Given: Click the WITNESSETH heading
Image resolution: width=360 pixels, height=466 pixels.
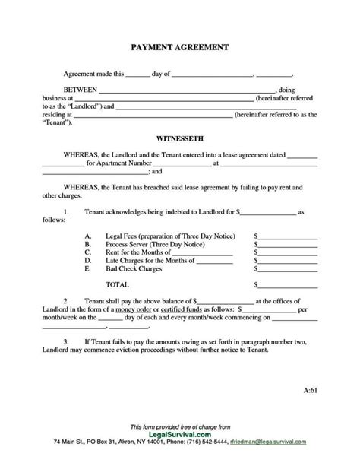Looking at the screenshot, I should [x=180, y=141].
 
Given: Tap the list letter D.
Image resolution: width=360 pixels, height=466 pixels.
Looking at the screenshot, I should [x=88, y=261].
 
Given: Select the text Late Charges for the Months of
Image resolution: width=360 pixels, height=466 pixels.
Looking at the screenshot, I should [x=151, y=261].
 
